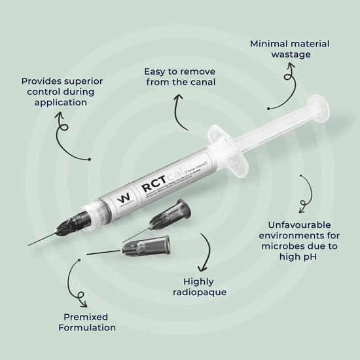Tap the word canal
pyautogui.click(x=199, y=82)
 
